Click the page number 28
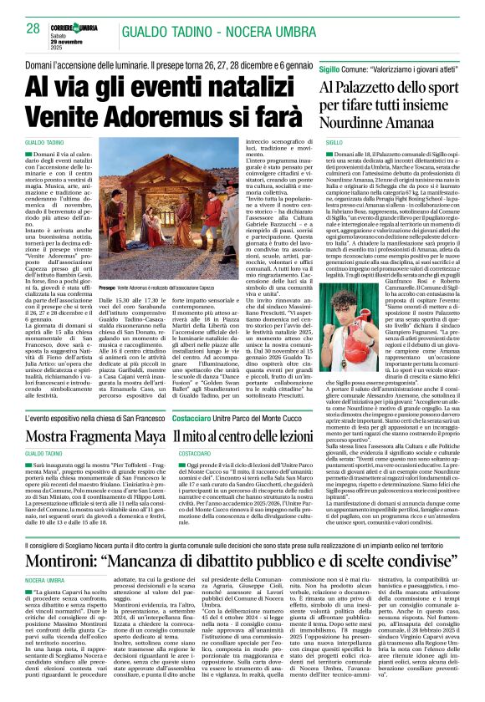(x=33, y=28)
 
